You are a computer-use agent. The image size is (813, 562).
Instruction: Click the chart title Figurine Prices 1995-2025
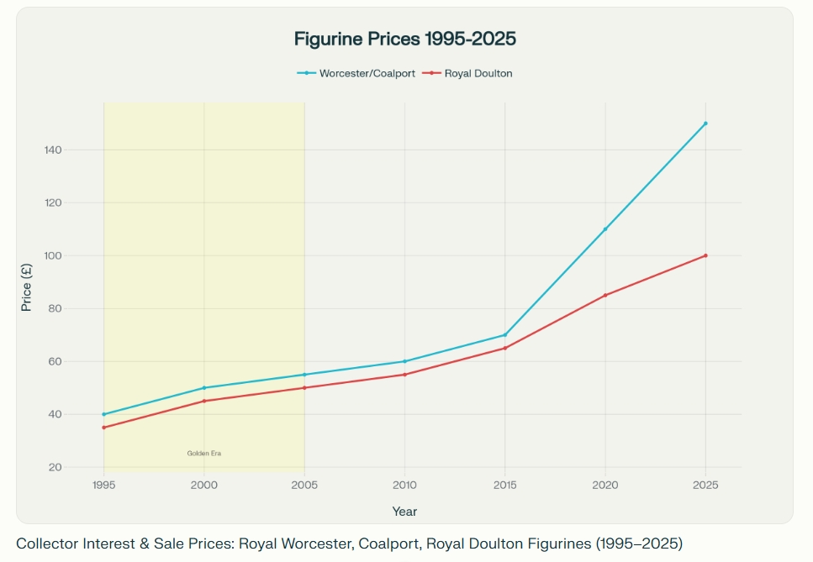point(404,39)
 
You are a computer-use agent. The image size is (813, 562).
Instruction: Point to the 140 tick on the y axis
point(77,150)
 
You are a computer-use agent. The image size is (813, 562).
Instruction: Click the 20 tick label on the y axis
point(80,467)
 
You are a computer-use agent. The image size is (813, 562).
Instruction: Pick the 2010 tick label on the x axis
point(404,485)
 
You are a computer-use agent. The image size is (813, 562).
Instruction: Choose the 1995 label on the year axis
point(103,485)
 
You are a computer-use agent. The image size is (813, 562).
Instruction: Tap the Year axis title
point(404,512)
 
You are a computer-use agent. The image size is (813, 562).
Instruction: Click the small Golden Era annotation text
point(203,454)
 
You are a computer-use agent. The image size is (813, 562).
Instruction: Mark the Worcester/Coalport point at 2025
point(705,123)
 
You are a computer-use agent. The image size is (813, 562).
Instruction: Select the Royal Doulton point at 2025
point(705,255)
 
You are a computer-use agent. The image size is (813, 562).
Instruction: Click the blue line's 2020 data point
point(605,229)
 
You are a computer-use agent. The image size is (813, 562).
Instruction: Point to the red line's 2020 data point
point(605,295)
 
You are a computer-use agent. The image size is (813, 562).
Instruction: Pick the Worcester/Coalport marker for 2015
point(504,335)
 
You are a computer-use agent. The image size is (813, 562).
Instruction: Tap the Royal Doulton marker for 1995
point(103,428)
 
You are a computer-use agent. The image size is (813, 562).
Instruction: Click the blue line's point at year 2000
point(203,388)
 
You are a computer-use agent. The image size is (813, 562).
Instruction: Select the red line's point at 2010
point(404,375)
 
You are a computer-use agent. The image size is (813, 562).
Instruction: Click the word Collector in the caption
point(42,543)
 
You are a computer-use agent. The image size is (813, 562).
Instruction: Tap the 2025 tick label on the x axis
point(705,485)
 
